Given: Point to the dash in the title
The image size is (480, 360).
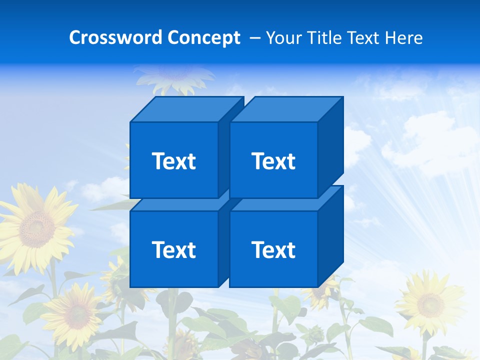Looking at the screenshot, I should tap(254, 38).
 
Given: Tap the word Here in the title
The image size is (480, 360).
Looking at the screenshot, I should tap(405, 38).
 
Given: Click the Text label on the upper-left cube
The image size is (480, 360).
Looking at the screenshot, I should tap(174, 161).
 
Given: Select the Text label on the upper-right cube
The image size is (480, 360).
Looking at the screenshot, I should tap(273, 161).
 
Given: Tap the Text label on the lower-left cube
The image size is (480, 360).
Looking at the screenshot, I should tap(174, 249).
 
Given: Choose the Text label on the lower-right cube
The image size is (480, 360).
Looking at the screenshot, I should tap(273, 249).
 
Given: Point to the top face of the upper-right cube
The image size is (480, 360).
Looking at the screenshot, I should tap(286, 109).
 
